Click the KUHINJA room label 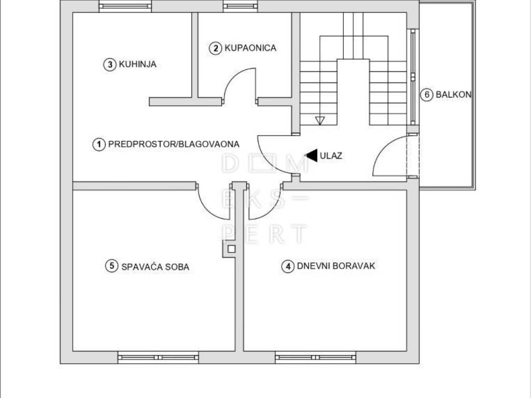click(x=137, y=64)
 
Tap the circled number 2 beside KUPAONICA click(x=215, y=48)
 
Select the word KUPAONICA click(x=250, y=48)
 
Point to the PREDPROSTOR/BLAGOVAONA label click(x=174, y=144)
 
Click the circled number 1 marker click(x=99, y=145)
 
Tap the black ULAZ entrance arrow click(x=311, y=155)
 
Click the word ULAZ click(x=331, y=156)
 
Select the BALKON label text click(x=453, y=94)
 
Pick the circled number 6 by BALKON click(x=427, y=95)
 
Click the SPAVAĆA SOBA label click(x=155, y=267)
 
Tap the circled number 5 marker click(x=112, y=266)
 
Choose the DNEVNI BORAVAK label click(x=336, y=266)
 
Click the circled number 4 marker click(x=288, y=267)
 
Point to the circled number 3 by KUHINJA click(x=110, y=64)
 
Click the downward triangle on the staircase click(x=319, y=120)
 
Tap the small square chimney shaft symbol click(x=231, y=249)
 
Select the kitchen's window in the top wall click(x=125, y=6)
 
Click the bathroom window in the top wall click(x=241, y=6)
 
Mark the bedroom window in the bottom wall click(x=158, y=358)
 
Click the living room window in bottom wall click(x=316, y=358)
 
